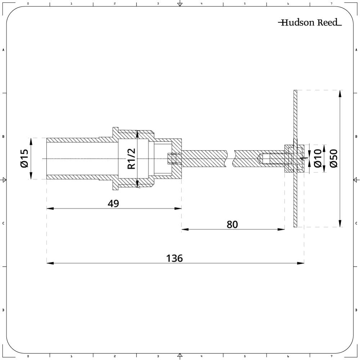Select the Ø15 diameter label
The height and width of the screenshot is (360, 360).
pyautogui.click(x=24, y=159)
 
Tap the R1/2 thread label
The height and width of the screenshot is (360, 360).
pyautogui.click(x=131, y=159)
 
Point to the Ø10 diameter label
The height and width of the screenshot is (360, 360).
pyautogui.click(x=318, y=159)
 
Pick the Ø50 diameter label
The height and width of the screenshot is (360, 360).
pyautogui.click(x=333, y=159)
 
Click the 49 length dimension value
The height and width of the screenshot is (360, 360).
pyautogui.click(x=113, y=203)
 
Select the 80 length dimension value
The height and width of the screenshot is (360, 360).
pyautogui.click(x=232, y=224)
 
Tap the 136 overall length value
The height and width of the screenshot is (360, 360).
pyautogui.click(x=174, y=258)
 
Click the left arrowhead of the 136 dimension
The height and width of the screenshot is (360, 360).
pyautogui.click(x=50, y=263)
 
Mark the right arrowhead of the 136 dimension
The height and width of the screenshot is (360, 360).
pyautogui.click(x=301, y=263)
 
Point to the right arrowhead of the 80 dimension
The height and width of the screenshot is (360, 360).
pyautogui.click(x=281, y=229)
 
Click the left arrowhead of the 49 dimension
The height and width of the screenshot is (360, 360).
pyautogui.click(x=50, y=208)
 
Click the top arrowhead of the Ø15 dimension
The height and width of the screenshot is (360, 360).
pyautogui.click(x=31, y=141)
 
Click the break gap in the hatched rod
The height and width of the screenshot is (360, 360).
pyautogui.click(x=230, y=159)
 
